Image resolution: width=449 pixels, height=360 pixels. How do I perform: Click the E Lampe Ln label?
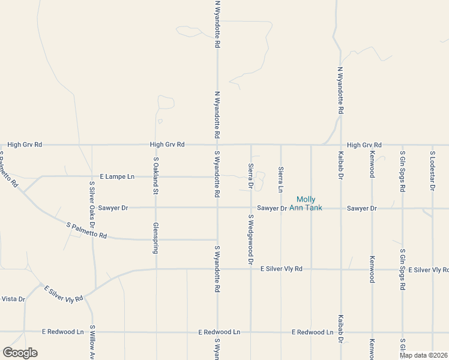[x=118, y=176]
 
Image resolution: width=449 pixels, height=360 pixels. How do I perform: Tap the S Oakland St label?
[x=155, y=176]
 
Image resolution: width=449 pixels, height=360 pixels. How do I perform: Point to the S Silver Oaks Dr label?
[x=92, y=203]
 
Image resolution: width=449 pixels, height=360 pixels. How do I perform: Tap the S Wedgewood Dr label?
[x=251, y=239]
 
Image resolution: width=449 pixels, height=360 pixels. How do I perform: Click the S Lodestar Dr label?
[x=432, y=172]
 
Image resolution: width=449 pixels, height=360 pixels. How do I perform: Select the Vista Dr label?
[x=13, y=299]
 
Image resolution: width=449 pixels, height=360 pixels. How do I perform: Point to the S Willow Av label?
[x=92, y=342]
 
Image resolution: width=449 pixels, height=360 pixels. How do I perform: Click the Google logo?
[x=20, y=353]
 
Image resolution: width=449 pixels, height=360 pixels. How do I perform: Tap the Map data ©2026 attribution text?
[x=423, y=355]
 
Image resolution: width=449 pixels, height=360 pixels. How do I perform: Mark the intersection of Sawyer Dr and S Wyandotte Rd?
[x=217, y=208]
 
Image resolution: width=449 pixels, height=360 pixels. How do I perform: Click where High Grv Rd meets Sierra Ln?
[x=281, y=145]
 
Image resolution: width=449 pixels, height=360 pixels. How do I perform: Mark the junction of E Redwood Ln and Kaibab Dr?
[x=341, y=332]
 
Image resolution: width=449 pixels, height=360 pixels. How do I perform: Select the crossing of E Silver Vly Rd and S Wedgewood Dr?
[x=251, y=269]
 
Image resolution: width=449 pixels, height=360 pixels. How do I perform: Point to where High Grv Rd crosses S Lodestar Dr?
[x=432, y=145]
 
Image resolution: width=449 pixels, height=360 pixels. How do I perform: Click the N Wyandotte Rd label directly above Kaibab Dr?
[x=340, y=91]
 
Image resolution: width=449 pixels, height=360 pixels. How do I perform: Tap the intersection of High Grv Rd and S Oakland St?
[x=156, y=145]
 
